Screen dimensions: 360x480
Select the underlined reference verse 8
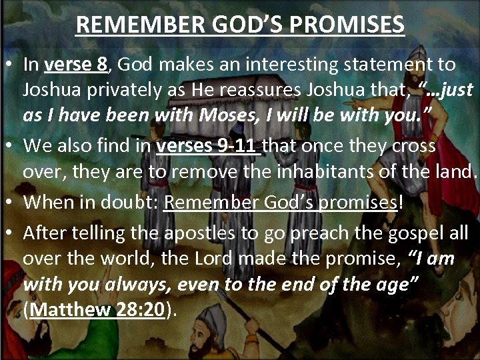(x=75, y=65)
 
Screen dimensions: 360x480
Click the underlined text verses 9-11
(x=208, y=145)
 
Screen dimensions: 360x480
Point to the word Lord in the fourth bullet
(x=189, y=259)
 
